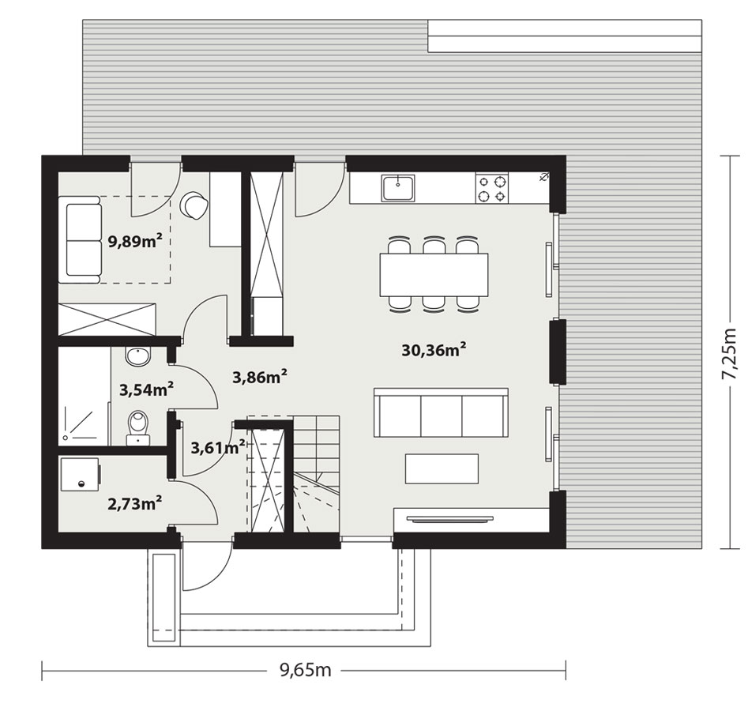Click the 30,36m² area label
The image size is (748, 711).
point(433,350)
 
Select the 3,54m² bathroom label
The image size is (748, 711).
point(146,389)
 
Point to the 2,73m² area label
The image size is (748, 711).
point(134,503)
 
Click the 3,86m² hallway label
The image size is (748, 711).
point(259,377)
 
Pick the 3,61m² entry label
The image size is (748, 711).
point(217,447)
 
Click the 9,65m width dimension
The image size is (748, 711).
point(305,669)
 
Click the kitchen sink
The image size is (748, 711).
point(398,187)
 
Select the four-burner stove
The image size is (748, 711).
point(492,188)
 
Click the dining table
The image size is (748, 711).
point(434,274)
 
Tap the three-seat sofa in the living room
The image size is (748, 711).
point(441,412)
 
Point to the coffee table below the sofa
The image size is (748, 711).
point(442,468)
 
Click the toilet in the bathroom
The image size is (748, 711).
point(138,428)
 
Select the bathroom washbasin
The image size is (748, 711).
point(138,356)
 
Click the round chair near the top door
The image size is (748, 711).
point(194,206)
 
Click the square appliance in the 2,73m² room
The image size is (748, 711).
point(80,474)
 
